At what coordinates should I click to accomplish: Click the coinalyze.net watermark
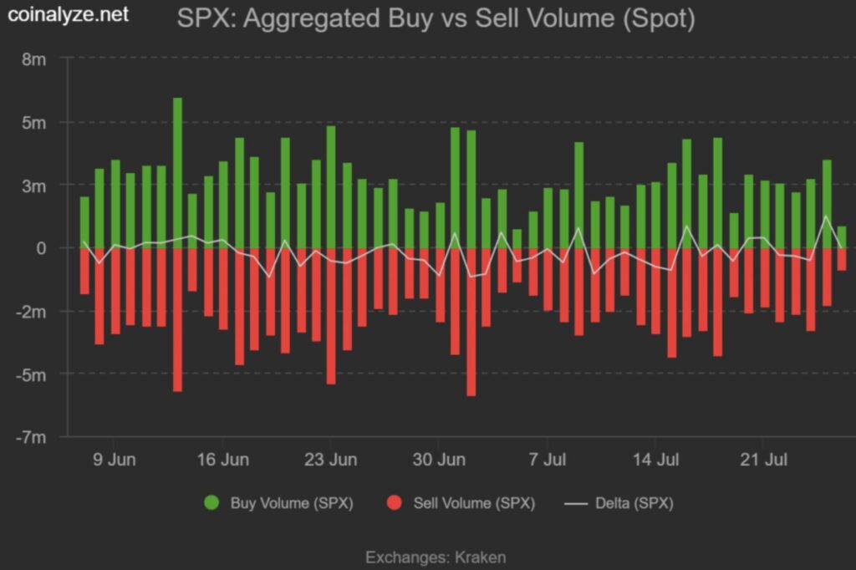click(69, 15)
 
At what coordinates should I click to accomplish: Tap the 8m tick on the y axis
click(34, 59)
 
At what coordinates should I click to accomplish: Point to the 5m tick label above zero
click(34, 122)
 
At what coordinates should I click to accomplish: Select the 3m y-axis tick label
click(34, 185)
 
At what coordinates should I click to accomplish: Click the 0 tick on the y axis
click(42, 248)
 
